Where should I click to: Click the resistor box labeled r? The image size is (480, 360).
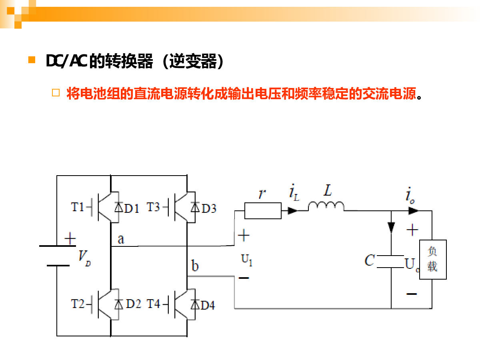pos(262,210)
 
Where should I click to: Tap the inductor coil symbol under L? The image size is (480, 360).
pos(326,206)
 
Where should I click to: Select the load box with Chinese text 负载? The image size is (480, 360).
pos(432,259)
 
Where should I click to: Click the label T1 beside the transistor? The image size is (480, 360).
pos(78,207)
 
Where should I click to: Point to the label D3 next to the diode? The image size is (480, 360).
pos(209,208)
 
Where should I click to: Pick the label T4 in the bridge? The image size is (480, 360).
pos(153,304)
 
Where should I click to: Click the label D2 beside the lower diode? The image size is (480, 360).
pos(134,304)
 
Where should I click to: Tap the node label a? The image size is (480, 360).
pos(121,239)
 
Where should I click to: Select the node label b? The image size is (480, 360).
pos(195,266)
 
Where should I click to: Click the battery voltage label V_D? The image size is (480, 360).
pos(84,257)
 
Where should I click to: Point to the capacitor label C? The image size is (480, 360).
pos(370,261)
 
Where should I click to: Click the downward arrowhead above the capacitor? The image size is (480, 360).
pos(391,227)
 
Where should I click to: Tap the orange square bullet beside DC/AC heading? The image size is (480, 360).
pos(32,60)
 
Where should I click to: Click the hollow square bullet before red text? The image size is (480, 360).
pos(56,93)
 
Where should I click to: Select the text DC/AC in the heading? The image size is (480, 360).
pos(66,62)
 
